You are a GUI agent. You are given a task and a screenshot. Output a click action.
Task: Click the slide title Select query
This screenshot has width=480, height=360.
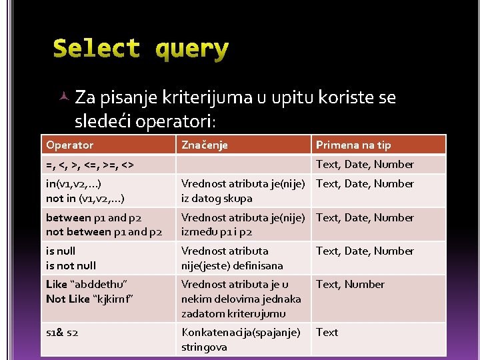coord(141,49)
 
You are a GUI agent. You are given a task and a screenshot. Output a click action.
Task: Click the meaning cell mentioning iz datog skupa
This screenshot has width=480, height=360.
coord(243,191)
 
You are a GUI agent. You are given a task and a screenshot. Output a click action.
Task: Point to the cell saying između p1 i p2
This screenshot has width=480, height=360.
coord(243,225)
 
